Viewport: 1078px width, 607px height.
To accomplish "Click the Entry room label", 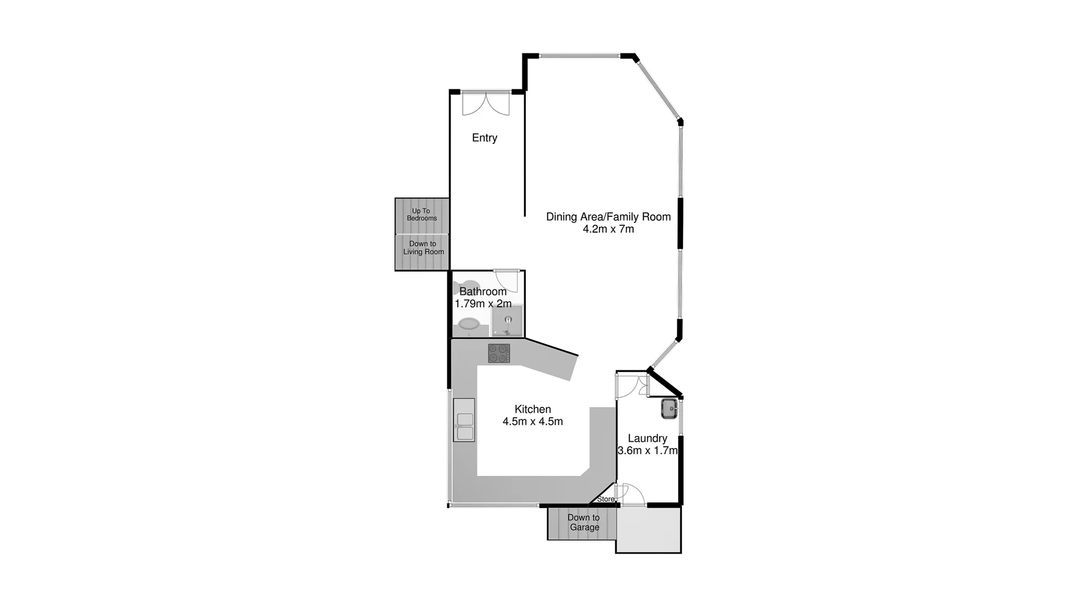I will click(484, 138).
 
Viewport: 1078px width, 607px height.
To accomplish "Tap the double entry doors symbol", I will click(485, 104).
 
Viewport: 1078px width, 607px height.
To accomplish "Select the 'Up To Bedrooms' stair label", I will click(421, 215).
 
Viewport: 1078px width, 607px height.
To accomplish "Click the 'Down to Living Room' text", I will click(423, 248).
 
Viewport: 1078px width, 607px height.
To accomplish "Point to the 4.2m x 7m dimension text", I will click(608, 229).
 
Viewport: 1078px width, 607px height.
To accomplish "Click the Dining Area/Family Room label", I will click(608, 216).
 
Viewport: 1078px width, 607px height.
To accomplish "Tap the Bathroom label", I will click(483, 291).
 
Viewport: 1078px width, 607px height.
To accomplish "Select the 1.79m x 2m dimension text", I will click(483, 304).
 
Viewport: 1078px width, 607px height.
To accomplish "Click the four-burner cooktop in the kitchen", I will click(499, 353).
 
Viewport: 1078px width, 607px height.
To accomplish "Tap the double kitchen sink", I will click(465, 427).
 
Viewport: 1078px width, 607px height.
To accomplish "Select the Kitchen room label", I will click(533, 409).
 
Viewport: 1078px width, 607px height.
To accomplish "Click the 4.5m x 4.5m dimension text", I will click(533, 422).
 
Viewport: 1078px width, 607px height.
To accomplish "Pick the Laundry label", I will click(647, 438).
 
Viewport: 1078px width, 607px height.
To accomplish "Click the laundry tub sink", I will click(669, 409).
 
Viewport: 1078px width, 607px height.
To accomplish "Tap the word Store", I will click(605, 499).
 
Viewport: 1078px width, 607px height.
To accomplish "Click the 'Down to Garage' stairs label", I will click(584, 522).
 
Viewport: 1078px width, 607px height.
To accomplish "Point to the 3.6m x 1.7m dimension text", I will click(647, 451).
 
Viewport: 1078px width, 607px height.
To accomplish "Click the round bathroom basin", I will click(469, 324).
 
